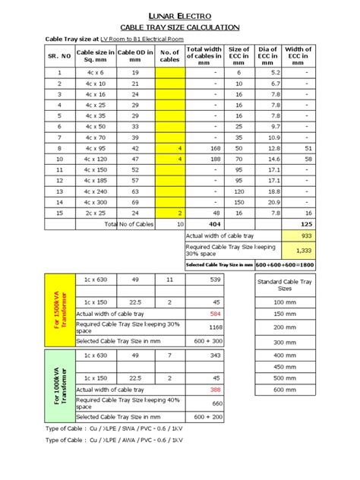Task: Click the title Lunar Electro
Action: pos(180,15)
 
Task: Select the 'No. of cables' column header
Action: pos(169,55)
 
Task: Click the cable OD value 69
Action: pos(134,203)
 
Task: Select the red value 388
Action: pos(215,390)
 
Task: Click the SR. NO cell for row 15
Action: pos(59,214)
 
